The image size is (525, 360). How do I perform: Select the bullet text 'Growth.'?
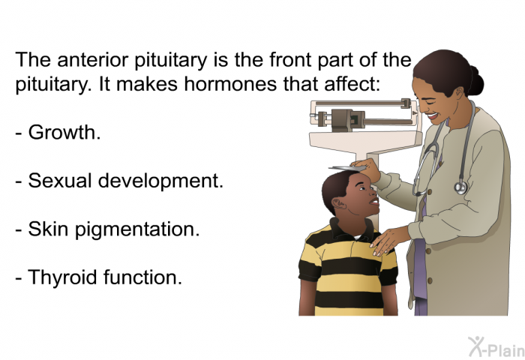[64, 133]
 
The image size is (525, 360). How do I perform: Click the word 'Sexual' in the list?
[59, 181]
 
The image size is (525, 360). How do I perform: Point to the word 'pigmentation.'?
[137, 230]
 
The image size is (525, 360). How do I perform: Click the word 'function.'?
[143, 277]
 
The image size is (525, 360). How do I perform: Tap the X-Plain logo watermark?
[496, 347]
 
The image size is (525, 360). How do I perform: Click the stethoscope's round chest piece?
[460, 187]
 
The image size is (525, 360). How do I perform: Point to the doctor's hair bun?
[476, 81]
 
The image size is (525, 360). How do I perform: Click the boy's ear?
[339, 203]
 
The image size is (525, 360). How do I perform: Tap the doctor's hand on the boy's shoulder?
[388, 240]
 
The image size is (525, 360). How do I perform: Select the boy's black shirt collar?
[351, 229]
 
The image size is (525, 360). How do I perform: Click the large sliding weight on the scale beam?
[343, 120]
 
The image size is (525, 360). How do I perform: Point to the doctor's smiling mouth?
[433, 115]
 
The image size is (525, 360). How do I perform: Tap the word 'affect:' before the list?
[352, 84]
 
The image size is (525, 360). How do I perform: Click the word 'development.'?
[160, 181]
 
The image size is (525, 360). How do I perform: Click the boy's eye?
[362, 188]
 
